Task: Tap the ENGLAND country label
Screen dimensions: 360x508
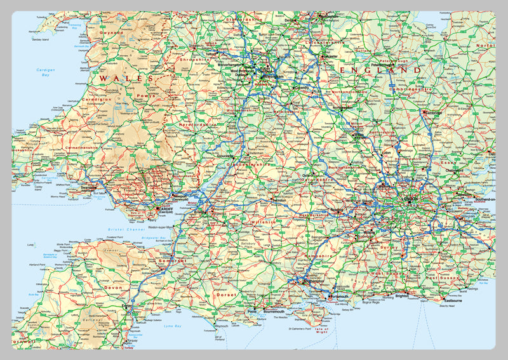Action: click(380, 70)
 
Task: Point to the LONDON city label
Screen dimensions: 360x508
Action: click(410, 199)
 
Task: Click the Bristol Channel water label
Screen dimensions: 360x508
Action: click(127, 229)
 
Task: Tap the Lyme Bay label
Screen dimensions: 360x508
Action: click(173, 326)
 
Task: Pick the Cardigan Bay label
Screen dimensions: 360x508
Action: click(46, 72)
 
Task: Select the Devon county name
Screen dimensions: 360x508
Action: click(113, 288)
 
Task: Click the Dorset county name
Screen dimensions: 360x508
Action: click(225, 295)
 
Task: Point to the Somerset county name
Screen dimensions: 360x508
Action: click(172, 261)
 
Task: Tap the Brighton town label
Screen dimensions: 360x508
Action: click(402, 296)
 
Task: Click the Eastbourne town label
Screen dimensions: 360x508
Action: click(453, 300)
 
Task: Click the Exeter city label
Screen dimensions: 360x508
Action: click(127, 306)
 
